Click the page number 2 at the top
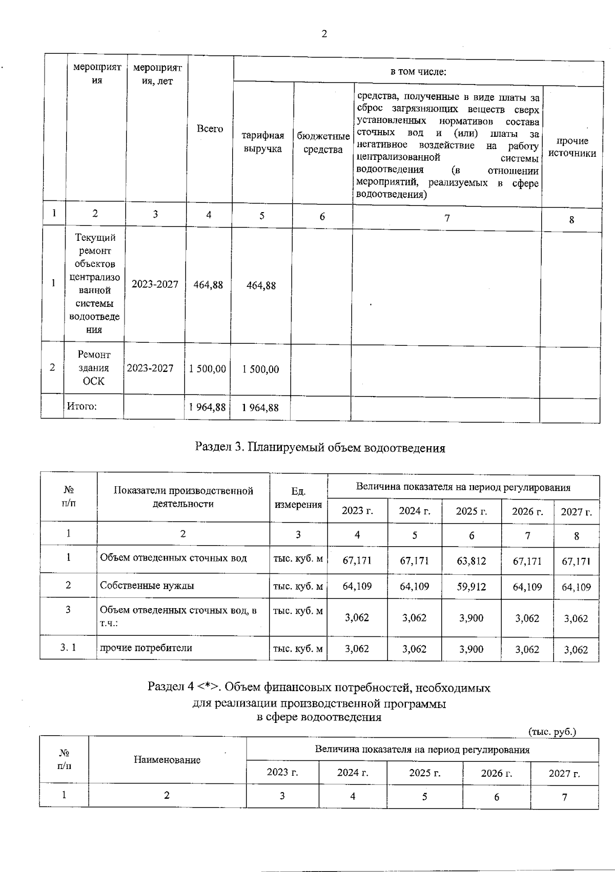click(323, 34)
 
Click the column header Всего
click(210, 129)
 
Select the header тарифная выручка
click(262, 142)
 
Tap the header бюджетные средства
click(323, 143)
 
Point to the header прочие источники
click(572, 147)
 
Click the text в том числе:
click(418, 72)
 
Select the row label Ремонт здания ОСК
click(94, 368)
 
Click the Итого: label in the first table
click(82, 406)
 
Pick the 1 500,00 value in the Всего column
click(208, 369)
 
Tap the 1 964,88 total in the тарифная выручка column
click(260, 407)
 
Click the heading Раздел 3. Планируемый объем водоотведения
click(320, 448)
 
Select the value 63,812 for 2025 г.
click(471, 560)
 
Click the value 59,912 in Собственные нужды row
click(471, 586)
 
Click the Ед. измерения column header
click(298, 498)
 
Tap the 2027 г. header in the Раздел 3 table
click(576, 511)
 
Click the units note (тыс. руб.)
click(552, 732)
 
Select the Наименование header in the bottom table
click(167, 760)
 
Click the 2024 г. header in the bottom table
click(353, 773)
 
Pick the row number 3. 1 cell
click(68, 647)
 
